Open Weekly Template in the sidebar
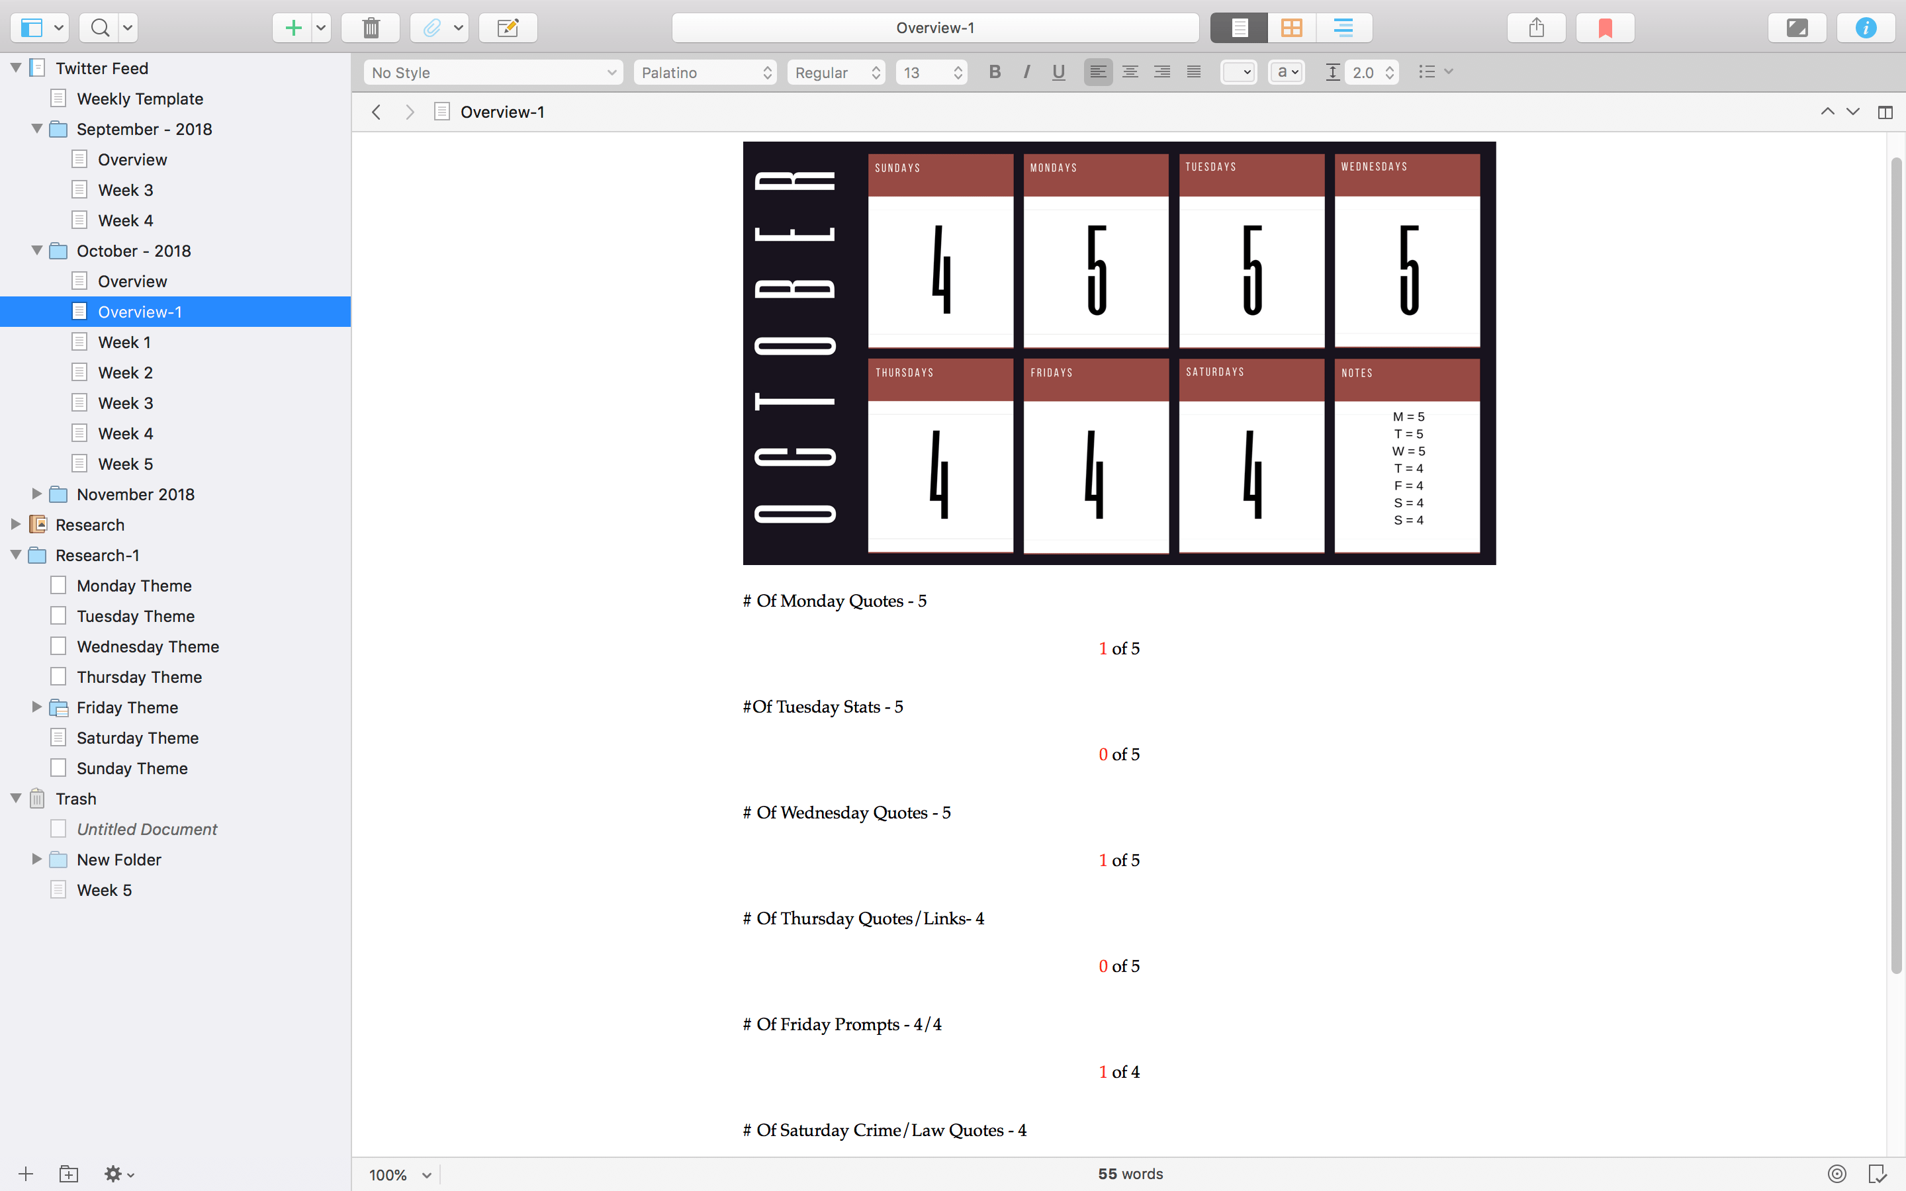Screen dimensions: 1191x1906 coord(140,99)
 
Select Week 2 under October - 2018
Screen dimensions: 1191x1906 coord(124,373)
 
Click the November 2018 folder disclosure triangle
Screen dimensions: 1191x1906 coord(36,494)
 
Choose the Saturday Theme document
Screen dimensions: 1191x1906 coord(137,738)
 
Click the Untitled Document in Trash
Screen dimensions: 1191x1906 coord(146,830)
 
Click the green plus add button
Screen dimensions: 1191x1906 coord(293,28)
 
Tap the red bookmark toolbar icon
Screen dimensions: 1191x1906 coord(1604,28)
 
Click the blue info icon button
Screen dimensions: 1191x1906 coord(1865,28)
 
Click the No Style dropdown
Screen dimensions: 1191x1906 coord(493,73)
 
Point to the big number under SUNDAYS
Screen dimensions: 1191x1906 coord(940,270)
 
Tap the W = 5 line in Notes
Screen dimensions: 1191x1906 coord(1408,451)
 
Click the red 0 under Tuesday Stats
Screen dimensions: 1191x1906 coord(1103,754)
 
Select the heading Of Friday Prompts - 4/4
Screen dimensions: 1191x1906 coord(842,1024)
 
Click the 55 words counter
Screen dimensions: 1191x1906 coord(1130,1174)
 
